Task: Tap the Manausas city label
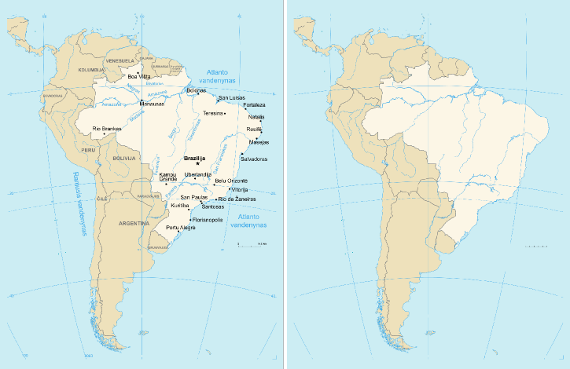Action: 152,104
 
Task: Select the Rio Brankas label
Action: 107,129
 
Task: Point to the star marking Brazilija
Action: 197,163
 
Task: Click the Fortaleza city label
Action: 254,104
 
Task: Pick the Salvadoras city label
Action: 253,159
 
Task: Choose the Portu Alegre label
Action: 180,228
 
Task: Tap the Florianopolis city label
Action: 208,220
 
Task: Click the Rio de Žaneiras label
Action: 237,199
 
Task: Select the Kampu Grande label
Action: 168,177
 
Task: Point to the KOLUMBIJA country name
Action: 90,71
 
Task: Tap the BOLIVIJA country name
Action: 126,158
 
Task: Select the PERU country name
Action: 87,148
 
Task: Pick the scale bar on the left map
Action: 252,246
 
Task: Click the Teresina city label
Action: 213,113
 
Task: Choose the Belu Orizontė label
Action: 230,181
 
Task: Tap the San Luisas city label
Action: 232,97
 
